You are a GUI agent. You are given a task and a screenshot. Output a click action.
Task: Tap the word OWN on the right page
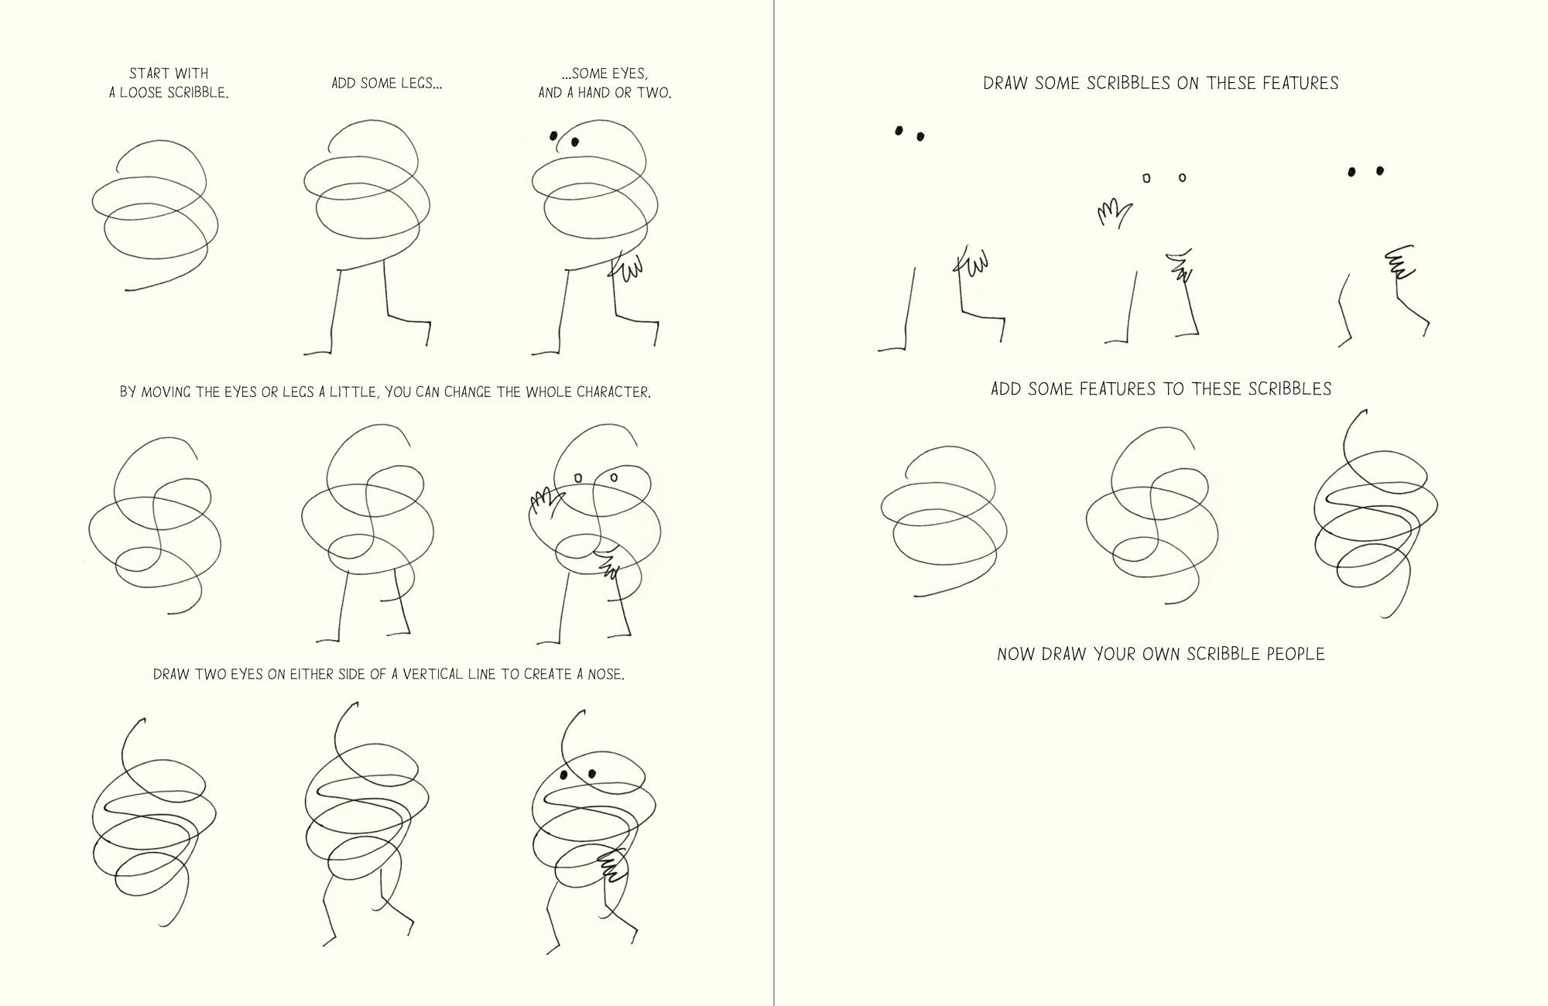pos(1117,654)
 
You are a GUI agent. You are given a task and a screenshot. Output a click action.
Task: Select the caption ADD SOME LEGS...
pos(387,83)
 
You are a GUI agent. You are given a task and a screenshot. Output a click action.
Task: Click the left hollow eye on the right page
pos(1146,179)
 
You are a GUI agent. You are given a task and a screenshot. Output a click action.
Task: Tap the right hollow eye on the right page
pos(1182,178)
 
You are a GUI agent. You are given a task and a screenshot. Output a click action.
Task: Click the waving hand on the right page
pos(1114,213)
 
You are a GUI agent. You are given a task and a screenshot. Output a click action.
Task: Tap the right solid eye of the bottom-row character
pos(592,773)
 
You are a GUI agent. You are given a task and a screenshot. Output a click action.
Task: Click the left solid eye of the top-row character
pos(554,136)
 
